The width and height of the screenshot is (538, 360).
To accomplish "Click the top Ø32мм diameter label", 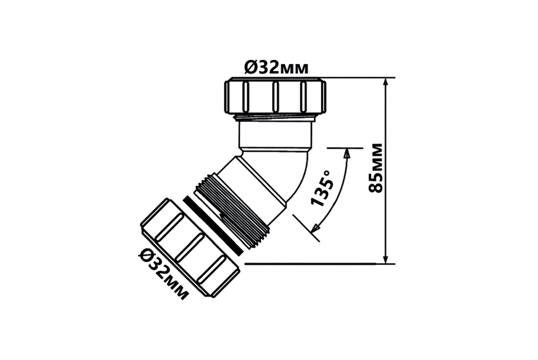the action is [x=276, y=68].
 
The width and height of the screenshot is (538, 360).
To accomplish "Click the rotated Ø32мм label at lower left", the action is [x=164, y=274].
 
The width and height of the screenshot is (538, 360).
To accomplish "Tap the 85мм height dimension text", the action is [x=375, y=168].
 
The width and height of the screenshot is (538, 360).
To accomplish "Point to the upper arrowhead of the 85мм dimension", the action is [x=386, y=82].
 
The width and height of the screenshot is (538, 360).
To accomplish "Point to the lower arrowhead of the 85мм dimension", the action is [x=386, y=259].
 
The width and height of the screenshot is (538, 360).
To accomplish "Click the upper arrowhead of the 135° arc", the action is [x=347, y=153].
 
